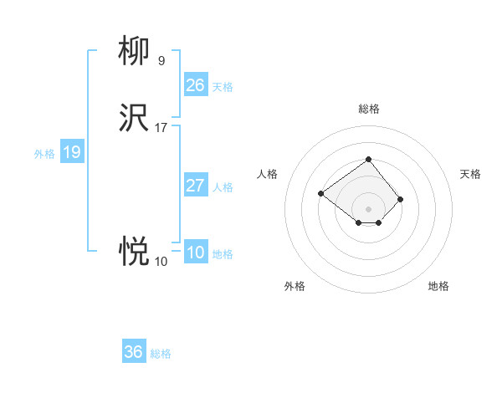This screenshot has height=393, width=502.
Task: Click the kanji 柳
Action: tap(134, 53)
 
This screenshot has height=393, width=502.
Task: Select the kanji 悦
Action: tap(134, 250)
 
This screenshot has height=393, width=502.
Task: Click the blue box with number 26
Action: tap(195, 84)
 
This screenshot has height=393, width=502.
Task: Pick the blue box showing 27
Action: tap(195, 186)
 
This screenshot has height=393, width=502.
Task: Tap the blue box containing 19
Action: tap(71, 152)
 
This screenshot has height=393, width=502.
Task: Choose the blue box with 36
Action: tap(134, 352)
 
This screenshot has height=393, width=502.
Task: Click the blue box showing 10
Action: tap(195, 253)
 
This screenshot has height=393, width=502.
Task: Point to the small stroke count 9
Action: tap(161, 60)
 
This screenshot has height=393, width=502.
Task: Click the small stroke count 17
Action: tap(161, 128)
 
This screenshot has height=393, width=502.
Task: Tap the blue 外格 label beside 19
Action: tap(44, 154)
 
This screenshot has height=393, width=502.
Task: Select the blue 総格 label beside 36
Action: tap(161, 354)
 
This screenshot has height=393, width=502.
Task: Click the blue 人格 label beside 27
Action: tap(223, 187)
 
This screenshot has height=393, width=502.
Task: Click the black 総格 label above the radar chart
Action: tap(368, 109)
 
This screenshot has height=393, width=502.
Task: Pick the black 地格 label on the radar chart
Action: tap(438, 286)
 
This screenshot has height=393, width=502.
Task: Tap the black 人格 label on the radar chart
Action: tap(268, 174)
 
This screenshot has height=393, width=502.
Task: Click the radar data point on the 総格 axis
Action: tap(368, 159)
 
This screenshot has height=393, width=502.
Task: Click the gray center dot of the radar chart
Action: tap(368, 209)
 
